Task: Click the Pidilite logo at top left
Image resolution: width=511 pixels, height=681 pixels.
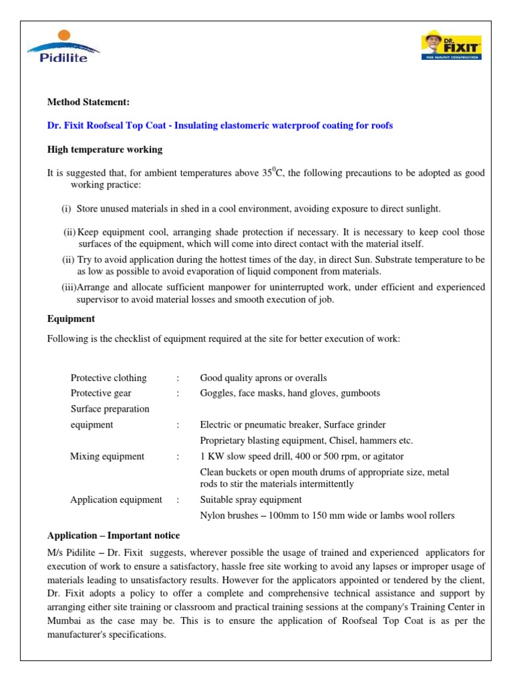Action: coord(63,47)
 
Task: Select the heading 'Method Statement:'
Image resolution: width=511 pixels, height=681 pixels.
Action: coord(88,102)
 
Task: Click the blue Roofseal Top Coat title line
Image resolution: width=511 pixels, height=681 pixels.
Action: coord(220,125)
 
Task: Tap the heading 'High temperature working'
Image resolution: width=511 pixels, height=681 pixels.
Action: coord(104,149)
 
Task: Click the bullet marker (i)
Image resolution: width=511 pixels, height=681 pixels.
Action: coord(67,209)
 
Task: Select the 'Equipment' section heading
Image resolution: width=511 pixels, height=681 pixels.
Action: coord(71,319)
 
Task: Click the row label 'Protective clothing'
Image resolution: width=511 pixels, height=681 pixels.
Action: coord(108,378)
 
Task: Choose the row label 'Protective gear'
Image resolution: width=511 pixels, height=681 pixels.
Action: coord(100,393)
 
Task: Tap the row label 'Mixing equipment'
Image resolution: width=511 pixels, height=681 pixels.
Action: coord(107,456)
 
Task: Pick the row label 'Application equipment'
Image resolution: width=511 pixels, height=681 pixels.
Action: coord(116,499)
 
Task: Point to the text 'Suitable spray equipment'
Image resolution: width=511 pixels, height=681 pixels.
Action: coord(251,499)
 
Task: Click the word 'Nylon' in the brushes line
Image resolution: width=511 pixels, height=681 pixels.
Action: coord(212,515)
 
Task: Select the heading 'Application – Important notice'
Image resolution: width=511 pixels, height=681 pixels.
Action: coord(113,535)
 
